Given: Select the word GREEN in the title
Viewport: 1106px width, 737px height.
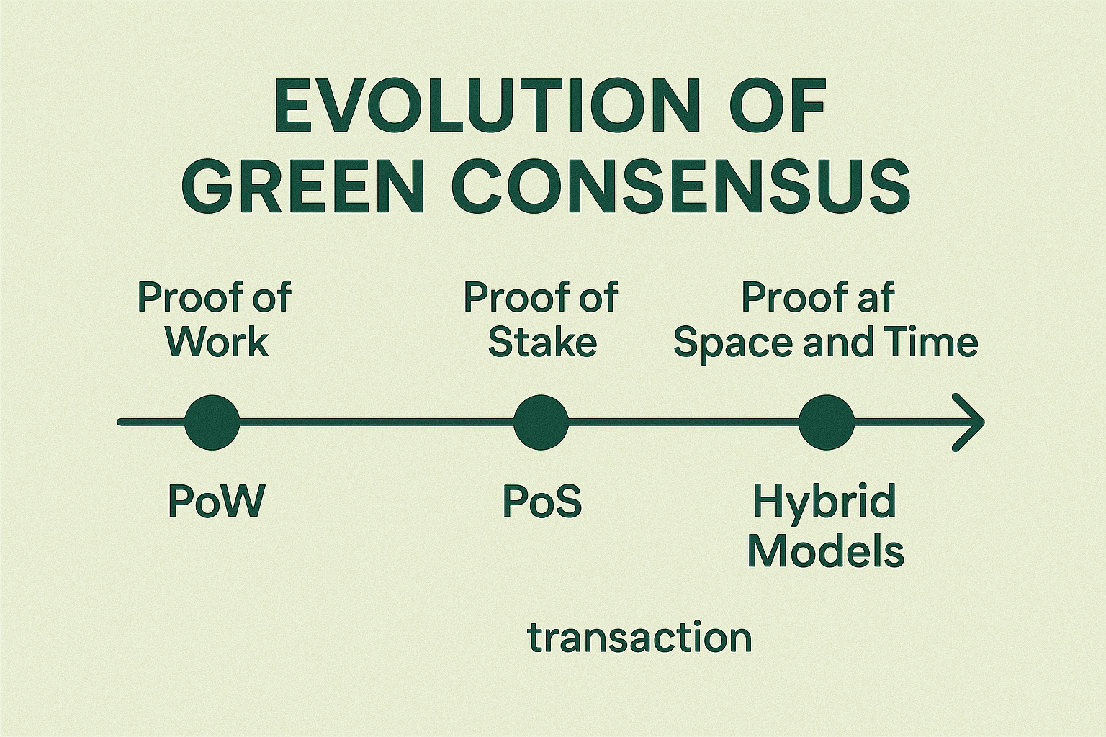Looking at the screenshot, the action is click(x=302, y=186).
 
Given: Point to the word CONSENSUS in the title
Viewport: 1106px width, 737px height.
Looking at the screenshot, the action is click(x=680, y=186).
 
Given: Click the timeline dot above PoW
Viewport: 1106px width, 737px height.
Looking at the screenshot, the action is click(x=212, y=422).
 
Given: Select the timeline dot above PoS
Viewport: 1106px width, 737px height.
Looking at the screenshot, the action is click(x=541, y=422).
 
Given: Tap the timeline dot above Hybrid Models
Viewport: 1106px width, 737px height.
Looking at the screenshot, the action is click(x=827, y=422).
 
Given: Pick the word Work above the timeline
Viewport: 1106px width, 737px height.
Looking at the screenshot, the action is click(x=217, y=342).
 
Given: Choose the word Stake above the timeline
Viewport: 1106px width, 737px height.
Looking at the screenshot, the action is click(x=543, y=342).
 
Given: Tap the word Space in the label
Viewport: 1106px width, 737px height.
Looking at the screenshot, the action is click(x=735, y=344).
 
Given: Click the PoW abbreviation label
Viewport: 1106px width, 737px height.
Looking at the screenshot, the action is click(x=217, y=501).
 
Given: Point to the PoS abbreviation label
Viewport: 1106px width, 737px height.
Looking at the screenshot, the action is click(x=542, y=501).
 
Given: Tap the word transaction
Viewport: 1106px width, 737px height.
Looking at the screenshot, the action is click(x=640, y=637).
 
